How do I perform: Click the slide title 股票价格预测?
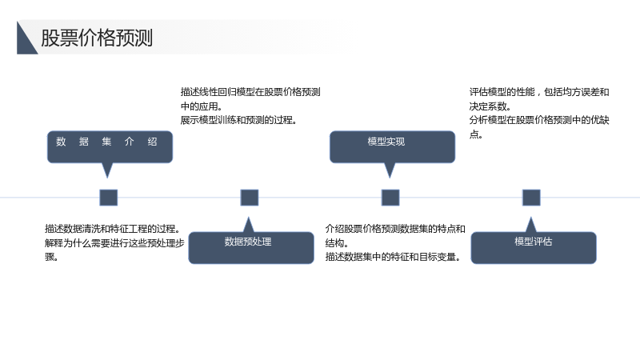[x=97, y=38]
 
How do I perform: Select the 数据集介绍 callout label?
[x=106, y=142]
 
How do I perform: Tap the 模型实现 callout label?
[x=386, y=142]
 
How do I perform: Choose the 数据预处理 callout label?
[x=248, y=242]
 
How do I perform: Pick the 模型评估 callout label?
[x=533, y=242]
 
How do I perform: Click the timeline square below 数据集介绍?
[x=109, y=198]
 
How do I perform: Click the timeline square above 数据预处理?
[x=250, y=198]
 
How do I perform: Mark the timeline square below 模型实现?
[x=390, y=198]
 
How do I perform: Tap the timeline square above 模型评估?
[x=531, y=198]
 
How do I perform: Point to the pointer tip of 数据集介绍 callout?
[x=107, y=178]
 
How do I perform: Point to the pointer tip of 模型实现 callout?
[x=390, y=178]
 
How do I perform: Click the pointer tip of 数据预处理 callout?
[x=249, y=217]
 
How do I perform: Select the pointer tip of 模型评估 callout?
[x=531, y=217]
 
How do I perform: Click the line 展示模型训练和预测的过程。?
[x=238, y=120]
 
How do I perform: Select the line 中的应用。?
[x=202, y=106]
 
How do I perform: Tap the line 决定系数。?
[x=490, y=106]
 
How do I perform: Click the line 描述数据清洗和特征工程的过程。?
[x=113, y=229]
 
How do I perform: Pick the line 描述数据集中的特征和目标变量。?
[x=394, y=257]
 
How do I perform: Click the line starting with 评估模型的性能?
[x=539, y=92]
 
